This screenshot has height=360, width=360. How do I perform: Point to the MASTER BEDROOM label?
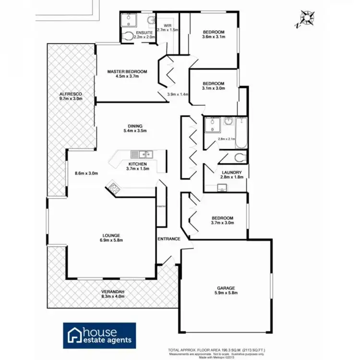click(127, 72)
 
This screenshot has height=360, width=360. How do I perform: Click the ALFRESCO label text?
click(71, 94)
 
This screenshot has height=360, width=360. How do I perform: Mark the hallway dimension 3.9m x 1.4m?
click(177, 95)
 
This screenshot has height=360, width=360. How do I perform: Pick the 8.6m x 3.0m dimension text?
click(86, 173)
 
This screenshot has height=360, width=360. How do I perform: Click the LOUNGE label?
click(111, 235)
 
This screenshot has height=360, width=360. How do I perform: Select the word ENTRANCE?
click(169, 239)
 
